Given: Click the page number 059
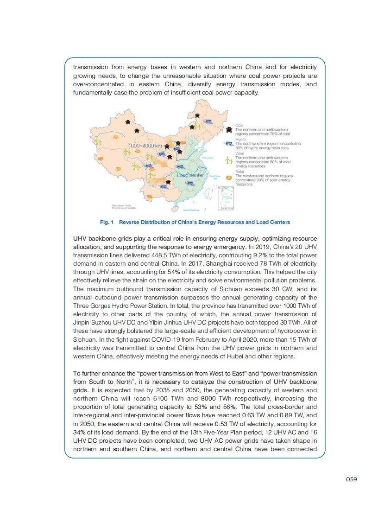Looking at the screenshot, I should coord(351,479).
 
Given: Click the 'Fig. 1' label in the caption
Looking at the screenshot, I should coord(107,222).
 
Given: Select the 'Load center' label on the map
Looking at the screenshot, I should coord(190,175).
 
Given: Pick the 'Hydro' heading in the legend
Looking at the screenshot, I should coord(240,139).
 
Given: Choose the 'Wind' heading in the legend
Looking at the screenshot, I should coord(239,153).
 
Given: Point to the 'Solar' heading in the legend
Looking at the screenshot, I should coord(239,172).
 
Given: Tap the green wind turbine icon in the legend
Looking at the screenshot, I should coord(228,161).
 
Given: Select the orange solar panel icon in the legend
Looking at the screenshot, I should coord(228,178).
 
